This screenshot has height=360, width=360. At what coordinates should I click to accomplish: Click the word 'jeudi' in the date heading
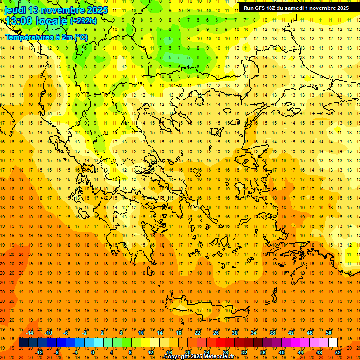15,10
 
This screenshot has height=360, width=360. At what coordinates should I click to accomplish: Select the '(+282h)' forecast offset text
83,21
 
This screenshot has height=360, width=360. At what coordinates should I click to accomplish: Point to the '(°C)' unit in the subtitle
80,37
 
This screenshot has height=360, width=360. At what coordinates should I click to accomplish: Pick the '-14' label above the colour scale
30,333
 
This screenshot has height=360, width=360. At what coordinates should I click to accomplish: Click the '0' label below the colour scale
93,352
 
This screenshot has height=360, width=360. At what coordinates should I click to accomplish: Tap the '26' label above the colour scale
216,333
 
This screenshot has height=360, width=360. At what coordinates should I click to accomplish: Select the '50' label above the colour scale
329,333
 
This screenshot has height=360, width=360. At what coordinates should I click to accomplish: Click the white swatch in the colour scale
333,343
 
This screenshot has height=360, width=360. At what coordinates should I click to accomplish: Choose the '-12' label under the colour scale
39,352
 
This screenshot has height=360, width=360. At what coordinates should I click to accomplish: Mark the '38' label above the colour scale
272,333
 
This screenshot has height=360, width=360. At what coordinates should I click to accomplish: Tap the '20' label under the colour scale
188,352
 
